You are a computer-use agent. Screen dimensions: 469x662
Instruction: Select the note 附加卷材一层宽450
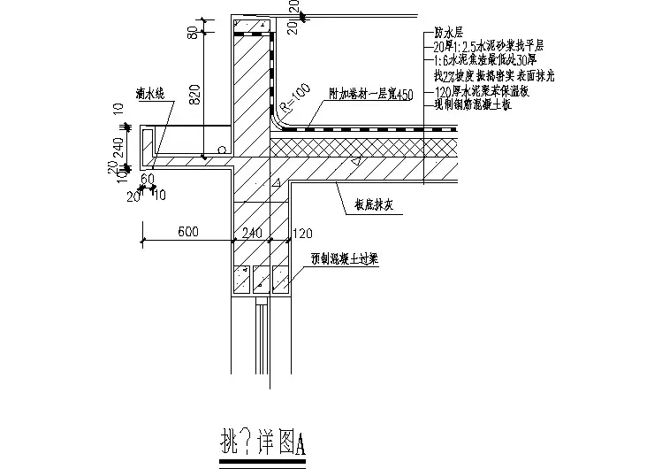[365, 95]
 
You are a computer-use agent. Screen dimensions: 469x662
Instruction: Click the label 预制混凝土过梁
[345, 263]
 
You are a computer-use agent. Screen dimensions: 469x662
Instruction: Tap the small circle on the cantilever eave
[221, 149]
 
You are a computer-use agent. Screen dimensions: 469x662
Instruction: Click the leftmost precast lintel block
[241, 281]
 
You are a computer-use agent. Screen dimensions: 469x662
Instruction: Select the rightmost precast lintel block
[281, 281]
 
